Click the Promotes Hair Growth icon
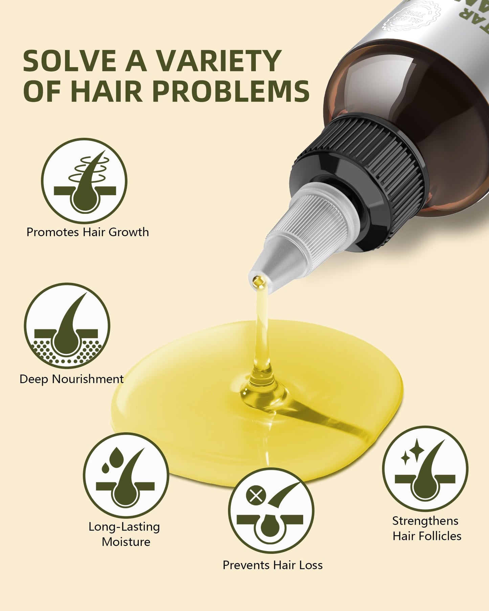click(x=84, y=180)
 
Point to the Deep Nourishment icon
click(x=67, y=325)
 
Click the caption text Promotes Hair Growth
click(x=88, y=232)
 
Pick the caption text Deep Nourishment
click(x=71, y=379)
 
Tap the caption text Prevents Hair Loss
click(x=272, y=565)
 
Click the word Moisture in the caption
click(x=126, y=542)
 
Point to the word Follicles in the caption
click(x=441, y=536)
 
